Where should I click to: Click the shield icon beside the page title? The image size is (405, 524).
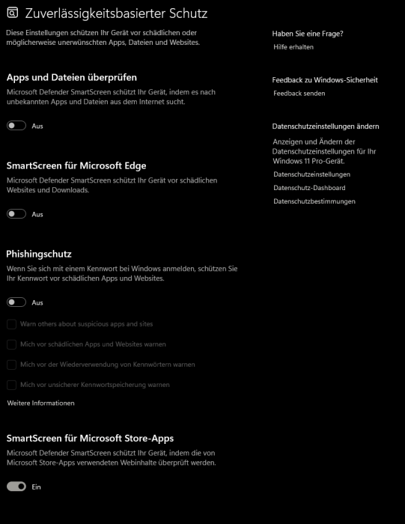point(13,13)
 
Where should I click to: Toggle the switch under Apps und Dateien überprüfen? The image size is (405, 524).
point(16,126)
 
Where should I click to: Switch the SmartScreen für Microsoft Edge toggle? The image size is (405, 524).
point(16,214)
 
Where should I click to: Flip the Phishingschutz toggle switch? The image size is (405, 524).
point(16,302)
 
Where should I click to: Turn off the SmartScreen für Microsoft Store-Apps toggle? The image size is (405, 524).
point(16,487)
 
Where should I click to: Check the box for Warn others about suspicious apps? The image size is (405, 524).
point(11,324)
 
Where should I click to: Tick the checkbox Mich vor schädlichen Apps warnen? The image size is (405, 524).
point(11,344)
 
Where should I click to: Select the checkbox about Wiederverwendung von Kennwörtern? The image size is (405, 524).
point(11,365)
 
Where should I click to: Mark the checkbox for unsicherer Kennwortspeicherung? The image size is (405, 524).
point(11,385)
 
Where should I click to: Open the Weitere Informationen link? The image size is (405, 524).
point(40,403)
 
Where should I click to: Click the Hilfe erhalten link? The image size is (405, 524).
point(293,46)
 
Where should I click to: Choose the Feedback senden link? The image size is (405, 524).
point(299,94)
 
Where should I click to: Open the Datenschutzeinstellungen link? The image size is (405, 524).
point(311,174)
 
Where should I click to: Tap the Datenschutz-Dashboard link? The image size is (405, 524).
point(309,188)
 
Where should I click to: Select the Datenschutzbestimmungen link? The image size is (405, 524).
point(314,201)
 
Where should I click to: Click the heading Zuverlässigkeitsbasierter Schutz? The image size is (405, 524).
point(116,13)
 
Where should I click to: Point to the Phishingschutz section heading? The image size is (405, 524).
point(39,254)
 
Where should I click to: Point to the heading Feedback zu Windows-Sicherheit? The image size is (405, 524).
point(325,79)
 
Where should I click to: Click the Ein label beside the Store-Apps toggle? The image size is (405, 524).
point(36,487)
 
